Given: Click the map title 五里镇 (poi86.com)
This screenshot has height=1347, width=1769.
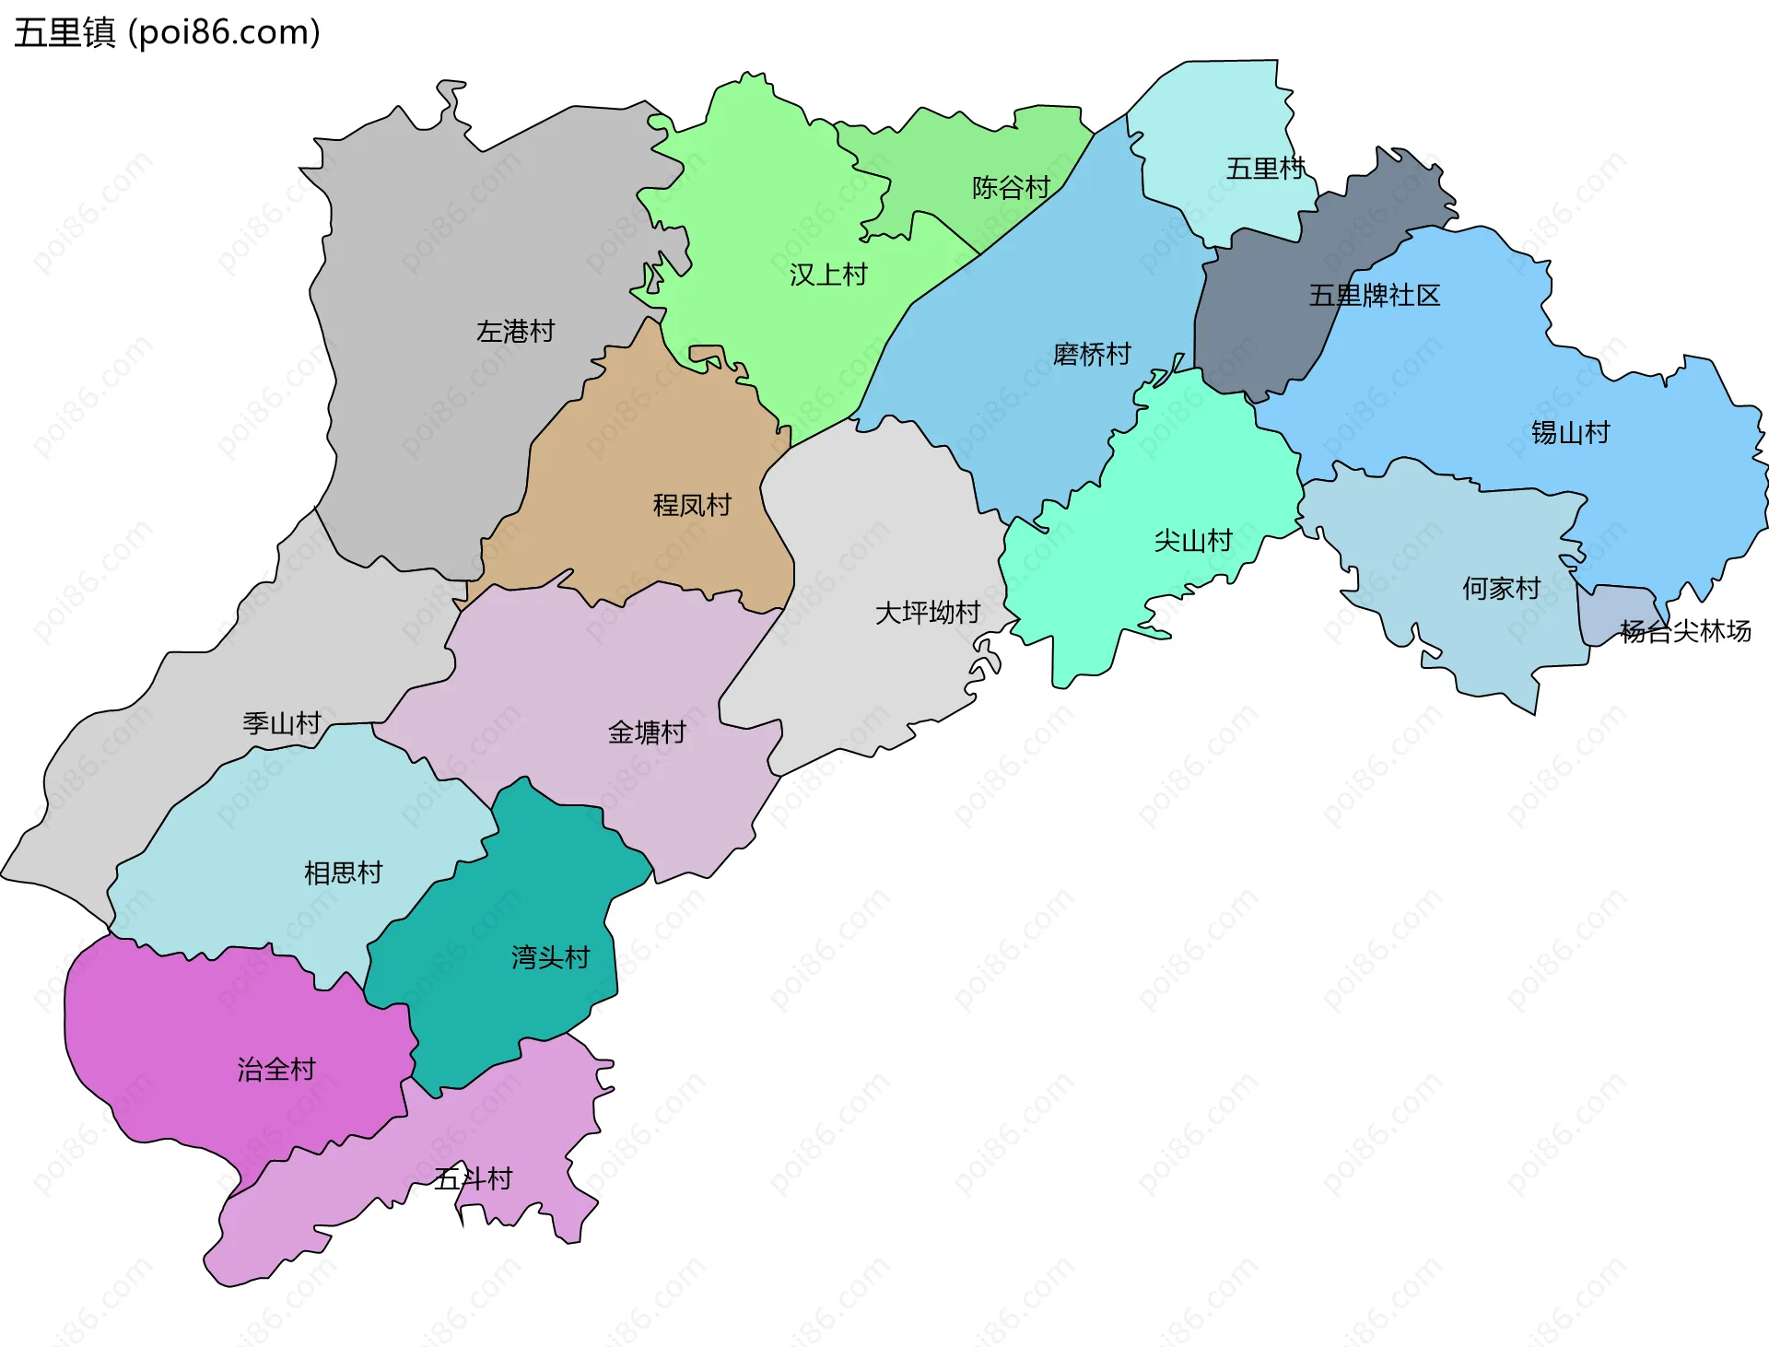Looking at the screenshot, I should (167, 32).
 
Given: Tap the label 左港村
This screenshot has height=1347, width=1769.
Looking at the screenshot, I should (515, 331).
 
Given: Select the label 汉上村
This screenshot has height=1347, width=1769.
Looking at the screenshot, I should (827, 275).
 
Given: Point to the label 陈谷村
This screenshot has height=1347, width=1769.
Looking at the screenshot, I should (1011, 188).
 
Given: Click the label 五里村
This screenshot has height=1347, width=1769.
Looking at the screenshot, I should (1265, 169).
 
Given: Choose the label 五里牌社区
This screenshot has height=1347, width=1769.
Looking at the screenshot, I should (1374, 296).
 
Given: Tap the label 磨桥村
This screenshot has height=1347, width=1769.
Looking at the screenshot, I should (1091, 354).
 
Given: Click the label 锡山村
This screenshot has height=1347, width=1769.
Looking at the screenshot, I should (1570, 432).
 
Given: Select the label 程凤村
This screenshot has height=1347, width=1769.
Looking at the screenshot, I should (691, 505).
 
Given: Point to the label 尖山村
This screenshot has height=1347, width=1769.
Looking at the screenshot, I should (1192, 541).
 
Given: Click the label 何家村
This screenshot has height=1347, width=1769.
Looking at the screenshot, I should (1501, 588).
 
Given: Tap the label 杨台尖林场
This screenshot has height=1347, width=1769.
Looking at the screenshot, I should (1685, 631).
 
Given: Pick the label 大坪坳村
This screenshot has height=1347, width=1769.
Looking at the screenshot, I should (927, 613).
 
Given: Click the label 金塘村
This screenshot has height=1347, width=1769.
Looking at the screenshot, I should (647, 732).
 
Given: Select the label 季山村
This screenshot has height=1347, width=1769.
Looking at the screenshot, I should (281, 723).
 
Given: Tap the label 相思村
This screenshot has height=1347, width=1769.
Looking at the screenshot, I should (343, 873).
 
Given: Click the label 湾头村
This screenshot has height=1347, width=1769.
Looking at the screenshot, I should (550, 957).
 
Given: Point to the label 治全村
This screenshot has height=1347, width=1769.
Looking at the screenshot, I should (276, 1070).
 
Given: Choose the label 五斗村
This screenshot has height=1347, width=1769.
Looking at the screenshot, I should (473, 1178).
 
